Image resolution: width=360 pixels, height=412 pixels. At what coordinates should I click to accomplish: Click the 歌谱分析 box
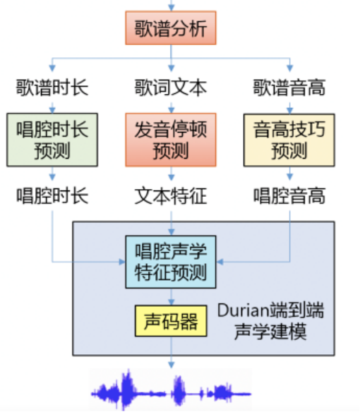point(171,28)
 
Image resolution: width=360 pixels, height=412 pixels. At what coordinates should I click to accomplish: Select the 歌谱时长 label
point(52,87)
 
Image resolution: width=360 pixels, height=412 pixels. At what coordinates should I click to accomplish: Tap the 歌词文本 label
point(171,87)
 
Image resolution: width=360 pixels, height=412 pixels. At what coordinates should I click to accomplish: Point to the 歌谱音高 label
point(289,87)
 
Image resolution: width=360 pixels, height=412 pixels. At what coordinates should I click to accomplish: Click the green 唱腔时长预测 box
point(52,140)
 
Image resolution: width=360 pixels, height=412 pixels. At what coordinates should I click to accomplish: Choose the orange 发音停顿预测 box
point(171,140)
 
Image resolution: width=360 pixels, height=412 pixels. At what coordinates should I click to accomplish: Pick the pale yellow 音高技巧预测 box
point(289,140)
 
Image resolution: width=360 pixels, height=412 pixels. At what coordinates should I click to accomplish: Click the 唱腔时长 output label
point(52,195)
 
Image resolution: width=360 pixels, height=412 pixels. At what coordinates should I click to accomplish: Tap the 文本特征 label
point(171,195)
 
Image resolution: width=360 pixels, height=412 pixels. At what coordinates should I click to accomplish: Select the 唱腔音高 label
point(289,195)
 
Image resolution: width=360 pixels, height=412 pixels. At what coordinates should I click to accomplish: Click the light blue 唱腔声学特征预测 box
point(171,262)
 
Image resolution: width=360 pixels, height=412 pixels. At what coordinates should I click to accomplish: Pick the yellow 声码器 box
point(171,321)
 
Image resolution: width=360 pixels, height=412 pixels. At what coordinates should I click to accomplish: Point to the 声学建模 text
point(270,332)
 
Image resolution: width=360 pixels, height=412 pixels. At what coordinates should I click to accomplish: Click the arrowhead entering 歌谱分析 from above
point(172,8)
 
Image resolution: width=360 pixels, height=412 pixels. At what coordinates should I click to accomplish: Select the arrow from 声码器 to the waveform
point(172,352)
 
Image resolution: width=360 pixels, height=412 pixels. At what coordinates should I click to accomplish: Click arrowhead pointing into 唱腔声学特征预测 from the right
point(220,262)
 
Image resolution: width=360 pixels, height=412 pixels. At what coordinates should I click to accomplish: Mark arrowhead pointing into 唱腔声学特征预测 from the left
point(122,262)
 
